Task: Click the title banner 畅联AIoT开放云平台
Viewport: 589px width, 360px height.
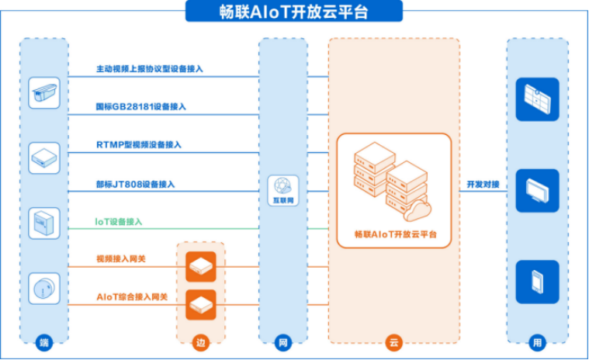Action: [x=294, y=12]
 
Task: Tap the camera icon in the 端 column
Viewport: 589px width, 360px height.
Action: [x=44, y=93]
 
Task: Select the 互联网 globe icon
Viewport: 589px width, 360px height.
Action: [x=283, y=190]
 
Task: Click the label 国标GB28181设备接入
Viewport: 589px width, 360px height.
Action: [x=141, y=106]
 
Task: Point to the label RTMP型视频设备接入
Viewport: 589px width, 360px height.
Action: [x=139, y=144]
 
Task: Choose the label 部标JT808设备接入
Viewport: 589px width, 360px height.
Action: [x=135, y=184]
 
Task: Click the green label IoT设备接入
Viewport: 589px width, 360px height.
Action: [x=119, y=221]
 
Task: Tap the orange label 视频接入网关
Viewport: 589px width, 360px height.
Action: [x=121, y=258]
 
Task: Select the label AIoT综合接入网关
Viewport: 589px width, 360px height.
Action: [x=132, y=296]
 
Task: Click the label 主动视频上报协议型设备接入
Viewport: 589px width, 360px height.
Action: [x=150, y=69]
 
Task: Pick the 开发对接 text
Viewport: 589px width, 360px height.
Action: [x=483, y=184]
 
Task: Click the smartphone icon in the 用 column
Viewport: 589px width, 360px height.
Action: [x=537, y=282]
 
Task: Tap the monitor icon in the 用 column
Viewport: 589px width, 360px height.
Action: [x=537, y=191]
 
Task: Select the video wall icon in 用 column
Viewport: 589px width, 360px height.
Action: [x=537, y=99]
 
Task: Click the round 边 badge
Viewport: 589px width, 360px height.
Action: [x=200, y=342]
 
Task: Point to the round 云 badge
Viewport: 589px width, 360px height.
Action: [x=393, y=342]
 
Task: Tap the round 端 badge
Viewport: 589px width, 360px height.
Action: [x=44, y=342]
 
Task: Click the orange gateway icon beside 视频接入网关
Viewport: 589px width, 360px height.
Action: [x=201, y=267]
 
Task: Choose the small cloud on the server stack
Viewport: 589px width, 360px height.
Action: [x=417, y=210]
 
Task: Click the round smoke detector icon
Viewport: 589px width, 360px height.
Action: [x=44, y=289]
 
